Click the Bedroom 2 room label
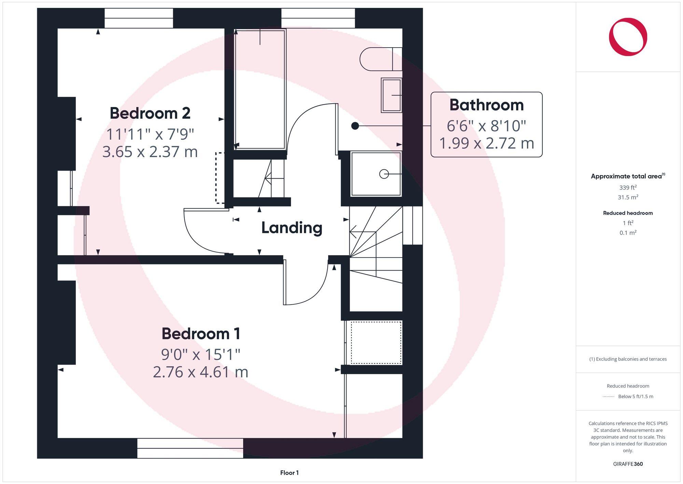150,113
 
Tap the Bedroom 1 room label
201,334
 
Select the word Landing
292,228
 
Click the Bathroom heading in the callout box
486,105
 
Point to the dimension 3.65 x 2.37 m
150,152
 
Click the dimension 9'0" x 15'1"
201,354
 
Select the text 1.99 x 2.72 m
486,143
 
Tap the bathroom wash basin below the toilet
391,95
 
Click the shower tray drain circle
384,174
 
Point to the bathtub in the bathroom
260,90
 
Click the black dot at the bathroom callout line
355,126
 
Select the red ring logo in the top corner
628,37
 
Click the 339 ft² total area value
628,187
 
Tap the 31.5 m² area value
628,197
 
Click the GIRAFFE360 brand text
628,464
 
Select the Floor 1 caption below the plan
289,473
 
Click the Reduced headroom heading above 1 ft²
628,213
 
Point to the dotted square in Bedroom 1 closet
376,343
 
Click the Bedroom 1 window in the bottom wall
190,448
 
